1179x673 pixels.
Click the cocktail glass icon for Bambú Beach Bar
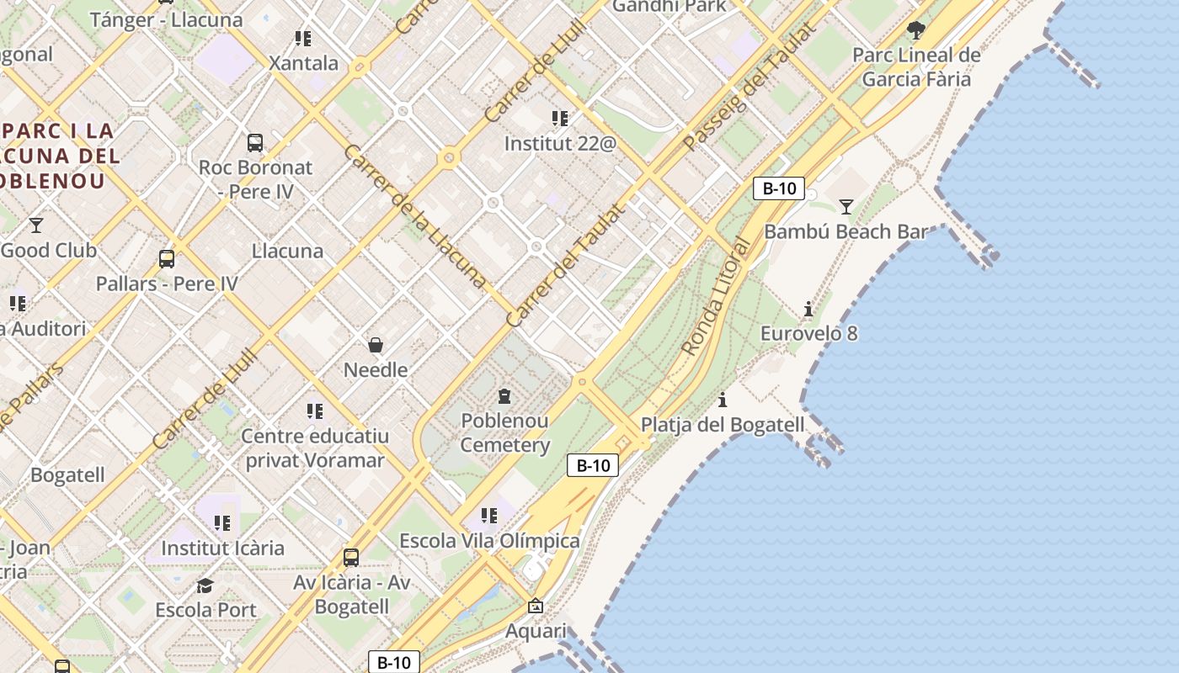point(846,206)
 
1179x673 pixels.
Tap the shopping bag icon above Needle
point(376,345)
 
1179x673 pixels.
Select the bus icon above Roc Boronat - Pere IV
point(254,143)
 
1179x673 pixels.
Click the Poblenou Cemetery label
point(504,432)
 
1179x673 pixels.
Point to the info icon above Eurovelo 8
point(808,310)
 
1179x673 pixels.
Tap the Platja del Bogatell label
point(723,425)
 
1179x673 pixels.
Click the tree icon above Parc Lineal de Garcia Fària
point(916,31)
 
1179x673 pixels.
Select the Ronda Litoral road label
point(716,297)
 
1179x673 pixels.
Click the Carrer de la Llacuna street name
point(414,216)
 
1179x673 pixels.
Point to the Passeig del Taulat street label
point(750,87)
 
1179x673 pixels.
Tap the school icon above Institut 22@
point(560,119)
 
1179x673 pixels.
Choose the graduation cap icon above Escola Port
point(205,586)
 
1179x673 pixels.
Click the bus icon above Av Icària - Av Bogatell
point(351,557)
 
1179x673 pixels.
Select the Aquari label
point(536,631)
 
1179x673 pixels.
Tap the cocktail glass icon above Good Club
point(36,225)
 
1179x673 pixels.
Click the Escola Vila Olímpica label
point(489,541)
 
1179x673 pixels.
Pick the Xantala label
point(303,63)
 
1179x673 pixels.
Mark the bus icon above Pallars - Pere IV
point(167,259)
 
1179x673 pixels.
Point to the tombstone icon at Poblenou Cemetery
point(504,395)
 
